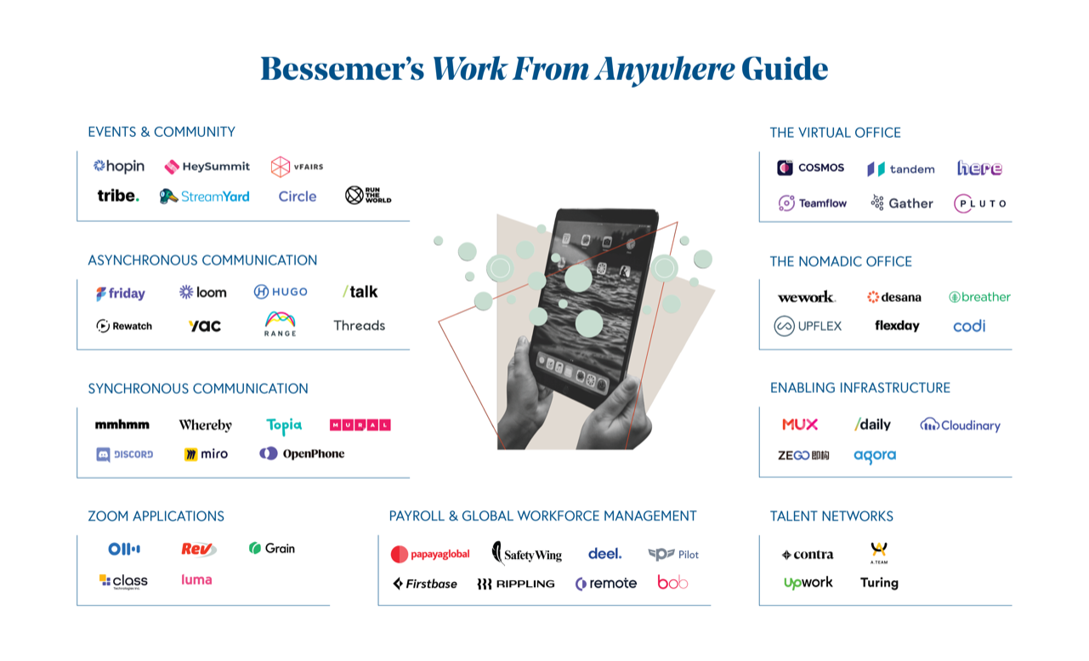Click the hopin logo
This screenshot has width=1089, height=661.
pos(119,167)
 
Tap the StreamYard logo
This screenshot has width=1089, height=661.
pos(205,197)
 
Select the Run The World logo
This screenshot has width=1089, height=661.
pos(367,195)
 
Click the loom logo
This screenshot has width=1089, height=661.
pos(203,293)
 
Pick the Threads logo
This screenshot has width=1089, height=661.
pos(359,325)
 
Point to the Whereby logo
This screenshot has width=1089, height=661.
pos(205,425)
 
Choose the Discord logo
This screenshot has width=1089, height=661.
pos(125,454)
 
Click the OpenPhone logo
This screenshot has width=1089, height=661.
pos(302,453)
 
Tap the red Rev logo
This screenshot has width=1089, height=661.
pos(199,549)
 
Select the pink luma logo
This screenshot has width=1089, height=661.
pos(196,580)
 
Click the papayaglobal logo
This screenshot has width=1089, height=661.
pos(430,555)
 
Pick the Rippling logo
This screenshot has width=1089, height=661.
pos(515,584)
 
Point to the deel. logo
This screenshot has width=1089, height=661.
pos(604,554)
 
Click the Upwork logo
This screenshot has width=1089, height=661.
pos(808,583)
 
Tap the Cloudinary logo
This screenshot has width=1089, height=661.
pos(961,425)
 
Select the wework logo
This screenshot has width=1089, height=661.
pos(806,297)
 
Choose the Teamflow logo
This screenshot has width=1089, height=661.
pos(812,203)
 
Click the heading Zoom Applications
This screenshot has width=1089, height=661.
pos(156,516)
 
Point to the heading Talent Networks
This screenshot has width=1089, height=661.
pos(831,516)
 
